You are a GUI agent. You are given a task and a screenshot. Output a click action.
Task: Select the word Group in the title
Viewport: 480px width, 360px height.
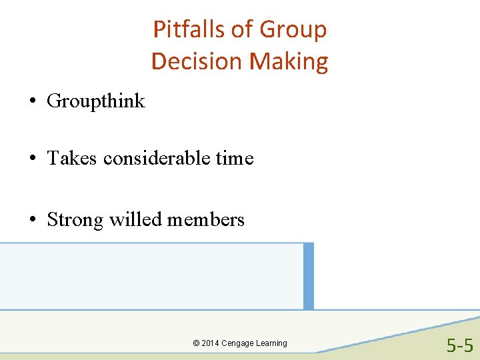point(293,29)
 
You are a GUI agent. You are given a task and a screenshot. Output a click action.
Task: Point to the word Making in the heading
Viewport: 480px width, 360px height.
point(289,61)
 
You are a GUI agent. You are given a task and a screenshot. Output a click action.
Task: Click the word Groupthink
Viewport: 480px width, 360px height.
point(96,101)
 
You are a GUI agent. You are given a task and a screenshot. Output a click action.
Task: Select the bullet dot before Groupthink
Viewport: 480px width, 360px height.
point(31,101)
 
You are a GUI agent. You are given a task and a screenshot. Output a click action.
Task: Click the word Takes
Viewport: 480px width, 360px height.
point(72,159)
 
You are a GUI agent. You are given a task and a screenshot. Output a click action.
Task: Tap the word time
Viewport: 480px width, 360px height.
point(236,159)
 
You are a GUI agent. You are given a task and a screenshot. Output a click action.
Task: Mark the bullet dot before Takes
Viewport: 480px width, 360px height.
point(31,159)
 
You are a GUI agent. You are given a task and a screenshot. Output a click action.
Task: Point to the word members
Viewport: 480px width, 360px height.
point(206,219)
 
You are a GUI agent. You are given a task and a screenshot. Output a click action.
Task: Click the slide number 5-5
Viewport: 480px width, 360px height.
point(460,346)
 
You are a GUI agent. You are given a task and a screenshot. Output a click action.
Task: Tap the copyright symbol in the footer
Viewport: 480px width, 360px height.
point(196,343)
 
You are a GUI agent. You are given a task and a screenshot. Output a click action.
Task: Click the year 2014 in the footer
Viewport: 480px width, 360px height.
point(211,343)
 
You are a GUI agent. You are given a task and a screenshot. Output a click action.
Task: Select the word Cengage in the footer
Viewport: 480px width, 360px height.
point(239,343)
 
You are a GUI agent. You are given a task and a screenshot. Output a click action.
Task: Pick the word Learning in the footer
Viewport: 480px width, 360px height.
point(272,343)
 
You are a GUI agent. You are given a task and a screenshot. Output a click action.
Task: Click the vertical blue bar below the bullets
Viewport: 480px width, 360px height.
point(308,276)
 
